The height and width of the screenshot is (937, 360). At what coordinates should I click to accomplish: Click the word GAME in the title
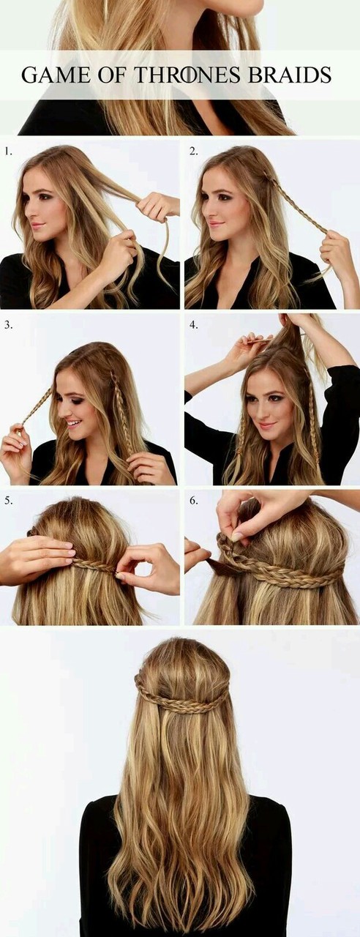click(x=55, y=75)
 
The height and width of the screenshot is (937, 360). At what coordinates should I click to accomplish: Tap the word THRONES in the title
click(x=187, y=75)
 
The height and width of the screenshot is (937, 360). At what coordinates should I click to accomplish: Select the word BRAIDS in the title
click(x=290, y=75)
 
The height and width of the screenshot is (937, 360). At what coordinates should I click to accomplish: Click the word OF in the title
click(x=112, y=75)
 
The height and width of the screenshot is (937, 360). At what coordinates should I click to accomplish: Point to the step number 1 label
click(x=8, y=152)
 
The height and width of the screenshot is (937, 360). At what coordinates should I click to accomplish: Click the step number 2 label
click(x=193, y=152)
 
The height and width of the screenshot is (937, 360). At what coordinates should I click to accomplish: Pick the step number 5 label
click(x=8, y=500)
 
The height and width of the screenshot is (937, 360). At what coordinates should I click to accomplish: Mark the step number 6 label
click(x=193, y=500)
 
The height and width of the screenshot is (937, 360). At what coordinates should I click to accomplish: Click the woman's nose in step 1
click(x=30, y=212)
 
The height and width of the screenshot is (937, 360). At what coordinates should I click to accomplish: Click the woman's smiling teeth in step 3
click(x=74, y=423)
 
